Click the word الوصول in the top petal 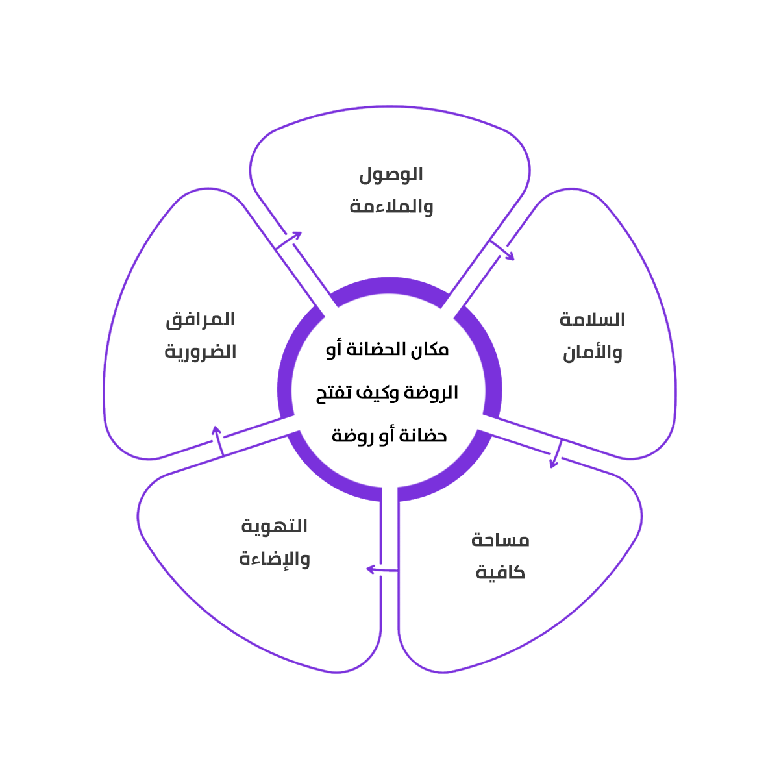[x=391, y=175]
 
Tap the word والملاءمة [x=391, y=207]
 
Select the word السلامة [x=592, y=320]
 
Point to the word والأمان [x=592, y=352]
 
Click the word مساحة [x=501, y=540]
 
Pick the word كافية [x=501, y=573]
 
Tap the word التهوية [x=275, y=526]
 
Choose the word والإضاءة [x=275, y=558]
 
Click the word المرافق [x=201, y=319]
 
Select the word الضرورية [x=201, y=352]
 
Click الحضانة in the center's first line [x=377, y=350]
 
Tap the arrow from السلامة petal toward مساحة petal [x=557, y=453]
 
